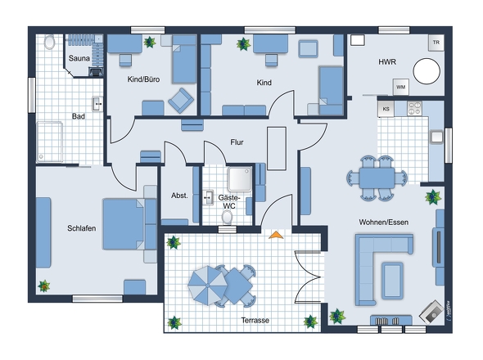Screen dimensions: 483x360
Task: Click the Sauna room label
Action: pos(79,58)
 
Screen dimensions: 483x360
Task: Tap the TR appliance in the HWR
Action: pos(436,43)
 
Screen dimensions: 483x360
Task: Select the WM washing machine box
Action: pos(400,88)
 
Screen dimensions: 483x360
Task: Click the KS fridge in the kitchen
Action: pos(386,109)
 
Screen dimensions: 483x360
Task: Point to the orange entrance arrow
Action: pos(276,235)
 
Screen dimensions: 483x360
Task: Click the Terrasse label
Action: pos(255,320)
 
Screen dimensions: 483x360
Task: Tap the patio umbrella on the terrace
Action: pos(208,286)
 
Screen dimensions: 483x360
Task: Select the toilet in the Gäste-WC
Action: pos(228,217)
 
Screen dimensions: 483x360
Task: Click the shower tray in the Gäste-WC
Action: pos(240,179)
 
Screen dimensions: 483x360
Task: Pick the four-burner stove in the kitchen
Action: pos(414,108)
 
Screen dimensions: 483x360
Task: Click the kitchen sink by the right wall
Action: pos(436,137)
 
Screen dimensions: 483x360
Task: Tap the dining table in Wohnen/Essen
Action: pos(377,178)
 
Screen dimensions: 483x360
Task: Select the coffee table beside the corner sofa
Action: pos(392,281)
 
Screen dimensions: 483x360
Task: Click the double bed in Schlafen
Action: pos(124,224)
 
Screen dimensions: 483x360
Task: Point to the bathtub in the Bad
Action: pos(50,142)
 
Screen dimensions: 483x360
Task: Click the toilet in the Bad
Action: pos(49,42)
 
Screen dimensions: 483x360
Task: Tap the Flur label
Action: pos(237,142)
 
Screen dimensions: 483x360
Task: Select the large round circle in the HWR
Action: pos(427,71)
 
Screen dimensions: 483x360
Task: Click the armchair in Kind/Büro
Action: pos(181,101)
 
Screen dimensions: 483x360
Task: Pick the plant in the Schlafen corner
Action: pos(44,286)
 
